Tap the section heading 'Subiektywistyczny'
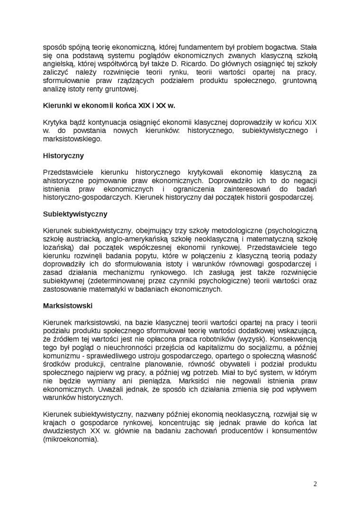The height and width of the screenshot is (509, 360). pyautogui.click(x=75, y=214)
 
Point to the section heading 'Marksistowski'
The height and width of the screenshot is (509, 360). pyautogui.click(x=68, y=305)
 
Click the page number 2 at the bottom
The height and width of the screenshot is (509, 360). pyautogui.click(x=315, y=483)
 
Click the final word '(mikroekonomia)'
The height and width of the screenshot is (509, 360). pyautogui.click(x=71, y=439)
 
